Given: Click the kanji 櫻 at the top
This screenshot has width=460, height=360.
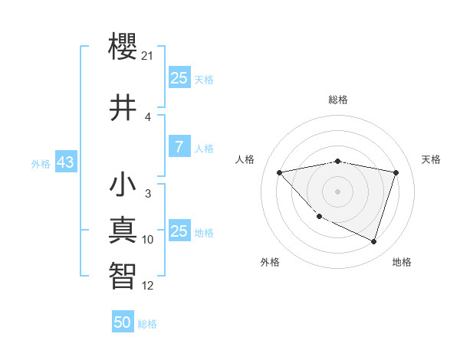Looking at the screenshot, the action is (123, 48).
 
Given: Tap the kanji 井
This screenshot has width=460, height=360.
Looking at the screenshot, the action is (123, 108).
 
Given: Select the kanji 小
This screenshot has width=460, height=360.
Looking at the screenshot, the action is (123, 186).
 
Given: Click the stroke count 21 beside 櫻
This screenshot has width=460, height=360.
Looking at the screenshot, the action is (149, 56).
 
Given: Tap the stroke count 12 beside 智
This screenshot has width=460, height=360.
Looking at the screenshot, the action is (148, 286).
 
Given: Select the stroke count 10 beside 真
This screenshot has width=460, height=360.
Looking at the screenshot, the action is (148, 240).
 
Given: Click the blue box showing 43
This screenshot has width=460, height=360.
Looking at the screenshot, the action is (64, 162).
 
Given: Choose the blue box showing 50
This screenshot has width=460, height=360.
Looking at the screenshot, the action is (123, 322).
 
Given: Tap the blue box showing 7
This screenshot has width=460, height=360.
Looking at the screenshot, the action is (179, 147).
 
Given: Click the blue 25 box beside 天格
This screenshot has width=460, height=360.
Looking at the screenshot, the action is (179, 78).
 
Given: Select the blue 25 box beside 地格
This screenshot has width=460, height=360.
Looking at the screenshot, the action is (179, 231).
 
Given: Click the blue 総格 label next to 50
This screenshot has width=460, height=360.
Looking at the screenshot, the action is (147, 324).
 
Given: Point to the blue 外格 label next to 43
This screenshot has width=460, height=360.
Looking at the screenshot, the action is (41, 163).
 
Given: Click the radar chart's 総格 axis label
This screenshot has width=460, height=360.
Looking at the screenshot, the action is (337, 100).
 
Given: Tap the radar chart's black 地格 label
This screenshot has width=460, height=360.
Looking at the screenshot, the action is (402, 262).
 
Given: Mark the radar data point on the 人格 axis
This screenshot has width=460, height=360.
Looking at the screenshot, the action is (280, 172).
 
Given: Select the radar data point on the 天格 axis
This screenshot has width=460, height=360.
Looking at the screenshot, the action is (396, 172).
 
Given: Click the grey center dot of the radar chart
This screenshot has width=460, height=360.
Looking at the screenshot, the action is (337, 191).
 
